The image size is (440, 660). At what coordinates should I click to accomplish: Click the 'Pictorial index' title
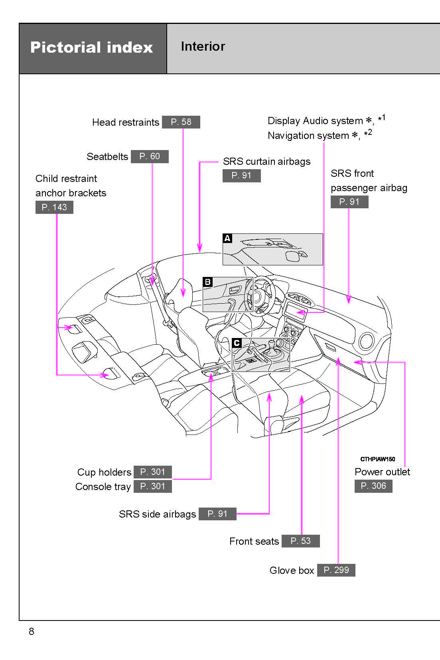pos(91,47)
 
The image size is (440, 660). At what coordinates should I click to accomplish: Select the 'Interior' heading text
pos(203,46)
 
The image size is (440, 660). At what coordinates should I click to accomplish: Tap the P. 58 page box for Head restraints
pos(181,122)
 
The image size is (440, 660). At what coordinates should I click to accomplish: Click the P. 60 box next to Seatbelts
pos(150,156)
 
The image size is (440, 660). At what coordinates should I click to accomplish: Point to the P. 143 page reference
pos(54,207)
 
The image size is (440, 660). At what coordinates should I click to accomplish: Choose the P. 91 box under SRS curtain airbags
pos(241,176)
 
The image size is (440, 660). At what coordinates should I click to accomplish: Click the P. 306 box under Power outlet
pos(373,486)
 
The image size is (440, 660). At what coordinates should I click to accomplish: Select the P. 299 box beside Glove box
pos(336,570)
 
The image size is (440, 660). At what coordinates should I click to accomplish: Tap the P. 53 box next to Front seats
pos(300,541)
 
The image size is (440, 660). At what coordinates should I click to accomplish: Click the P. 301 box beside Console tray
pos(152,486)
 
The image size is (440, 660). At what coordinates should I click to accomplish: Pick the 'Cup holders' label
pos(104,472)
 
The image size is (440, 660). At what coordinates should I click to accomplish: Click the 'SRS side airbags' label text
pos(157,514)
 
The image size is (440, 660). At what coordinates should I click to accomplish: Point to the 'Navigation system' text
pos(308,136)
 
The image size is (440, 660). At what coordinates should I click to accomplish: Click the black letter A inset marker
pos(227,238)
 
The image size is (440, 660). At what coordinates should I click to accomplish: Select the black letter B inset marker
pos(207,282)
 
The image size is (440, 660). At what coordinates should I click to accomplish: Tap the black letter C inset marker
pos(237,343)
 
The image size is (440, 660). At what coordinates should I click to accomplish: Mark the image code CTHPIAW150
pos(377,459)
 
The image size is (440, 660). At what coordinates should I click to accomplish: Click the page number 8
pos(32,631)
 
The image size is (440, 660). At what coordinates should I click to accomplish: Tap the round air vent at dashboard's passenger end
pos(366,341)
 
